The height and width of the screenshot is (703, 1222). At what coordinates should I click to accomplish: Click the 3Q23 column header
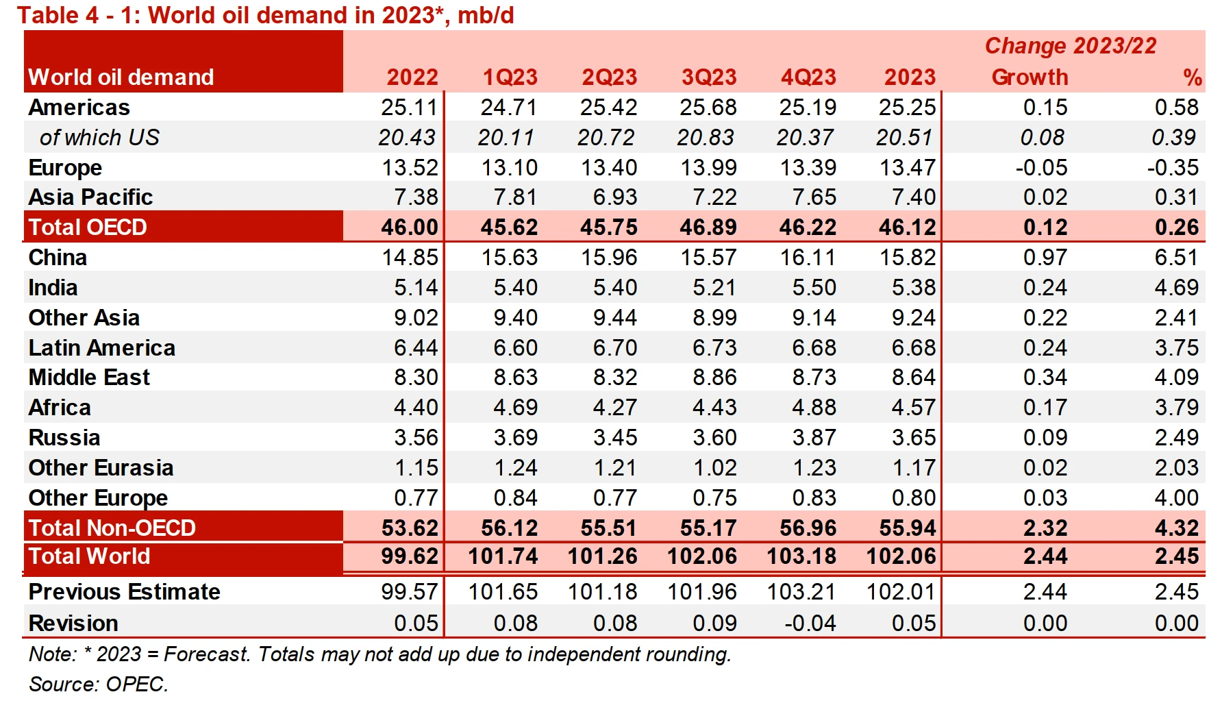pyautogui.click(x=709, y=77)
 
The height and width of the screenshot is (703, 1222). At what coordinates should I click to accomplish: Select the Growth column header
pyautogui.click(x=1030, y=77)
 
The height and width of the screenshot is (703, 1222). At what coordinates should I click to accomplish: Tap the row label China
pyautogui.click(x=58, y=258)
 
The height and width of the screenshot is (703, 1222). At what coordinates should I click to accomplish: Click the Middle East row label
pyautogui.click(x=89, y=378)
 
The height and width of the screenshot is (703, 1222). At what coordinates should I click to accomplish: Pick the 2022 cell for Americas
pyautogui.click(x=409, y=108)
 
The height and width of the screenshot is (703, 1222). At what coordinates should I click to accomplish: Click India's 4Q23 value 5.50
pyautogui.click(x=814, y=288)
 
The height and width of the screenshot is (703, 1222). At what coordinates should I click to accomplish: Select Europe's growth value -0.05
pyautogui.click(x=1041, y=168)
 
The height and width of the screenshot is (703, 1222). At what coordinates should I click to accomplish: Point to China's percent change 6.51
pyautogui.click(x=1176, y=258)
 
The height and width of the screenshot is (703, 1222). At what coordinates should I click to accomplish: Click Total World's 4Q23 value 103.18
pyautogui.click(x=801, y=556)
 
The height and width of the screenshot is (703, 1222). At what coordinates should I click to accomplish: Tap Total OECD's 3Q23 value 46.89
pyautogui.click(x=708, y=227)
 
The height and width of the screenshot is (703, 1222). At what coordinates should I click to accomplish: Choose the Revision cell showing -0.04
pyautogui.click(x=810, y=624)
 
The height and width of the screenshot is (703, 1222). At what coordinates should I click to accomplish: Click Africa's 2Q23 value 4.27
pyautogui.click(x=615, y=408)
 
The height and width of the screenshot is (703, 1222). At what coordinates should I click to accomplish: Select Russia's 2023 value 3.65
pyautogui.click(x=913, y=438)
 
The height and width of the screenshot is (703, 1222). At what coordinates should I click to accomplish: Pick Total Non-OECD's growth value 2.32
pyautogui.click(x=1045, y=528)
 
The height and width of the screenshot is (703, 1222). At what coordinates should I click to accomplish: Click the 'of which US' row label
pyautogui.click(x=99, y=138)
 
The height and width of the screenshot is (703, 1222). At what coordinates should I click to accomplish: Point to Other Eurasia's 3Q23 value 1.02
pyautogui.click(x=714, y=468)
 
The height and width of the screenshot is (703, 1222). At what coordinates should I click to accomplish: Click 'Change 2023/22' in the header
pyautogui.click(x=1071, y=46)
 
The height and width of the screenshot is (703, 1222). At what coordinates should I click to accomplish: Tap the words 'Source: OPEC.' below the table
pyautogui.click(x=99, y=684)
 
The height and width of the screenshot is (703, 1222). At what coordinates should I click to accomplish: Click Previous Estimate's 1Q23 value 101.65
pyautogui.click(x=503, y=592)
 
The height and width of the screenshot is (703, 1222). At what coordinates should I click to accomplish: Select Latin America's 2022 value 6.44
pyautogui.click(x=416, y=348)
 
